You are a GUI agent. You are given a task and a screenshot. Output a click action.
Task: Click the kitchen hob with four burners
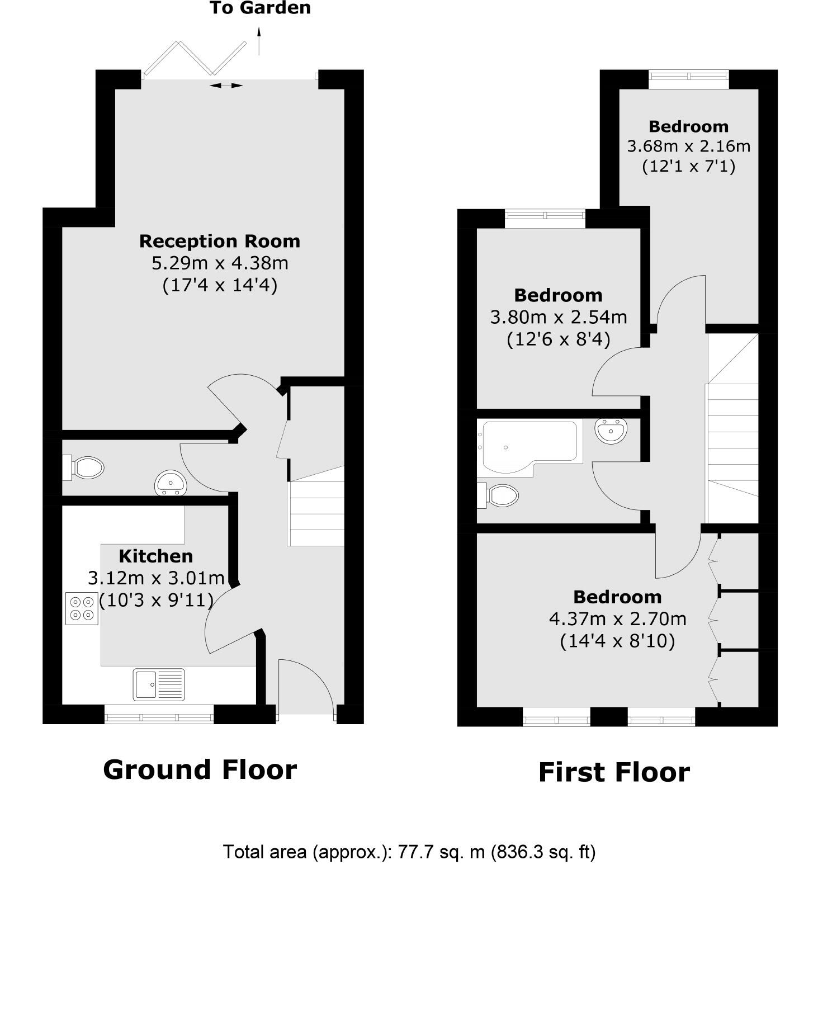tap(82, 608)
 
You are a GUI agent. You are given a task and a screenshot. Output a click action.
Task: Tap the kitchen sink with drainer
tap(159, 684)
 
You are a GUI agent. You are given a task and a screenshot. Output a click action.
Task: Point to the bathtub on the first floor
tap(528, 444)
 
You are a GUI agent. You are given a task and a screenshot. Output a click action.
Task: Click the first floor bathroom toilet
tap(499, 495)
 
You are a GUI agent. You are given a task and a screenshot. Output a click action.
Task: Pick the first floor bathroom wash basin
tap(611, 432)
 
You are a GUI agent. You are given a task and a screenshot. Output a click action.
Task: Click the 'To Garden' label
tap(260, 8)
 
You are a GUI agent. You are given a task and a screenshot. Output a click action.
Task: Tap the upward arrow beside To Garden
tap(259, 41)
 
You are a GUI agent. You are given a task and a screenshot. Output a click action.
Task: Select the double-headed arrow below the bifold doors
tap(226, 86)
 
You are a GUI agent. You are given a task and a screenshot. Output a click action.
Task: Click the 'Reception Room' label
tap(220, 242)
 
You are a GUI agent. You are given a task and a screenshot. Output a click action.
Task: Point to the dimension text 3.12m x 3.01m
tap(156, 578)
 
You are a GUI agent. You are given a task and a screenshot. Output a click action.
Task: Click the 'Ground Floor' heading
tap(200, 769)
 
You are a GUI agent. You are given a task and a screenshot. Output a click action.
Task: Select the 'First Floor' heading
tap(613, 772)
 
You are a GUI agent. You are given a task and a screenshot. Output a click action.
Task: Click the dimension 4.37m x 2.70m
tap(617, 619)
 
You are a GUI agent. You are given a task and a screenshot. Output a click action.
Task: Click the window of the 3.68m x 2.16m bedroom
tap(688, 78)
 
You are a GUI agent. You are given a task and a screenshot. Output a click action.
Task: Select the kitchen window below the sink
tap(159, 715)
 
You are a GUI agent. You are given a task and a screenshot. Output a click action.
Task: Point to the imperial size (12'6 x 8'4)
tap(558, 339)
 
